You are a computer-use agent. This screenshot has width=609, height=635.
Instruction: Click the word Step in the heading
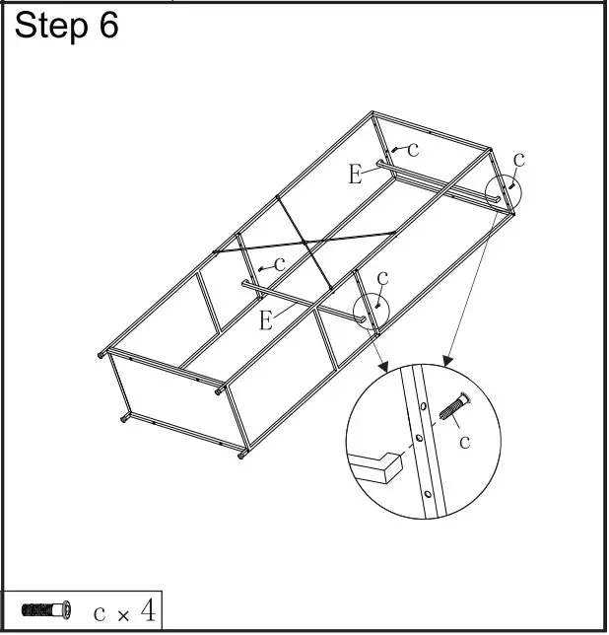pyautogui.click(x=50, y=27)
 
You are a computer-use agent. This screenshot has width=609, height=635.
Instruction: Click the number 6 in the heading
pyautogui.click(x=107, y=26)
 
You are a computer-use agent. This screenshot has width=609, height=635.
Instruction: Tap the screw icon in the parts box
pyautogui.click(x=46, y=611)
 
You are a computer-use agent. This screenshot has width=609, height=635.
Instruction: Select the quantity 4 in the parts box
pyautogui.click(x=147, y=611)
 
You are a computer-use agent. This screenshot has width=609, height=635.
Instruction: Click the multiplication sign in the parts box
pyautogui.click(x=123, y=615)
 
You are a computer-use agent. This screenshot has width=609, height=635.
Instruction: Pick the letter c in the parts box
pyautogui.click(x=100, y=613)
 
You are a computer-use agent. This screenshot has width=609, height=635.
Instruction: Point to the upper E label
pyautogui.click(x=356, y=176)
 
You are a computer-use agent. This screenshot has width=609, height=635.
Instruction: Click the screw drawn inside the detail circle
pyautogui.click(x=455, y=406)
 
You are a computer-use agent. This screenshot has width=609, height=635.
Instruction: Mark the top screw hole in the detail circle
pyautogui.click(x=424, y=404)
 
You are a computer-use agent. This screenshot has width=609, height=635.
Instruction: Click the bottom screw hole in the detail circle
pyautogui.click(x=428, y=493)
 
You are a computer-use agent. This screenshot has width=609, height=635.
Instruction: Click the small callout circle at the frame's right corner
pyautogui.click(x=505, y=191)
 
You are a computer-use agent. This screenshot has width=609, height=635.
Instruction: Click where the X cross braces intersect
pyautogui.click(x=304, y=243)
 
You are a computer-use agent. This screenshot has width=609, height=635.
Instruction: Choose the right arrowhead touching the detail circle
pyautogui.click(x=447, y=361)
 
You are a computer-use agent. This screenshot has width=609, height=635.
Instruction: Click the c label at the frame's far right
pyautogui.click(x=519, y=158)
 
